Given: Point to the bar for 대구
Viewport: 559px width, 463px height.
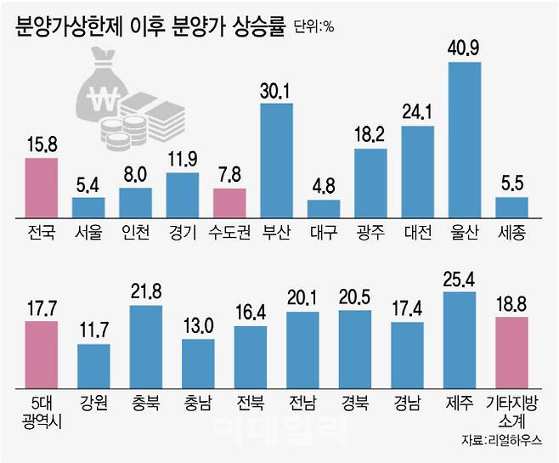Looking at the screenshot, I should [x=323, y=210].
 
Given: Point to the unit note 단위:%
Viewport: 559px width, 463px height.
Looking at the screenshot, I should [x=314, y=26].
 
